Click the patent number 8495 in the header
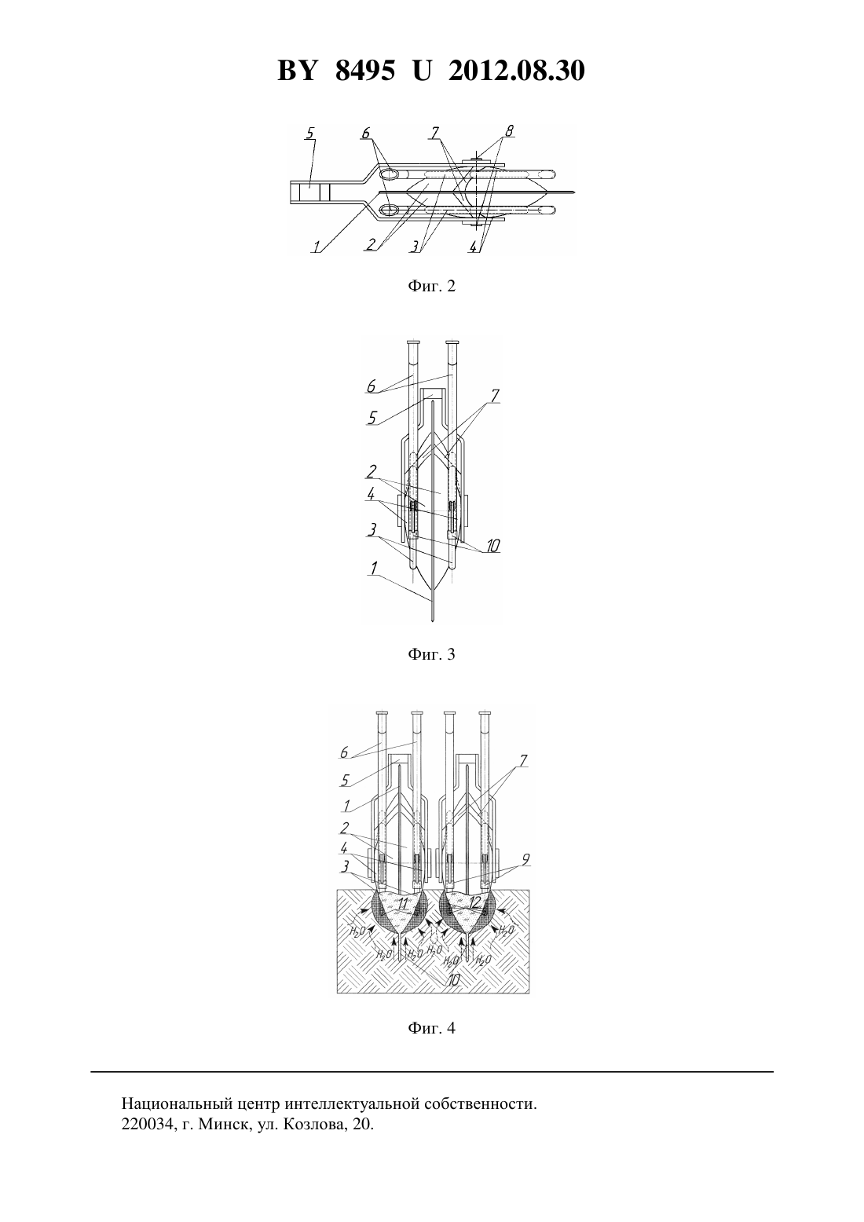(x=364, y=71)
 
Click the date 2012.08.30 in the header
(x=517, y=71)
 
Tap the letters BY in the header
(x=297, y=71)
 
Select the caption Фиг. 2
(x=431, y=285)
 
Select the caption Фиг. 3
(x=431, y=653)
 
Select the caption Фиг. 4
(x=431, y=1028)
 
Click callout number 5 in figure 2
(x=310, y=134)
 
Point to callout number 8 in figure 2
(x=510, y=131)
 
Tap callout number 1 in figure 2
(x=316, y=247)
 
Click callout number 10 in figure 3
(x=492, y=546)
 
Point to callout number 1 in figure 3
(x=374, y=569)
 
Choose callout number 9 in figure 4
(x=525, y=859)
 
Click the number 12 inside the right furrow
(x=474, y=902)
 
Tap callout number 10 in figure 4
(x=453, y=980)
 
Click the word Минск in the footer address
(x=225, y=1125)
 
